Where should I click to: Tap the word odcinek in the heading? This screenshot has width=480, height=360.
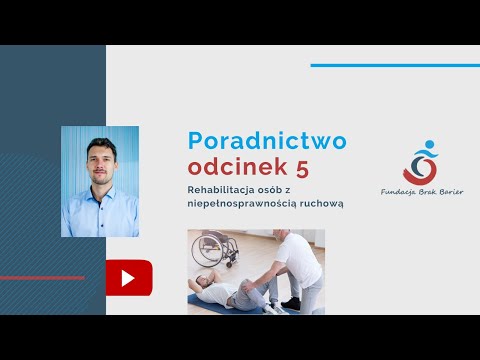(228, 165)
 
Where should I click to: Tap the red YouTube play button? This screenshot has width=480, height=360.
(128, 277)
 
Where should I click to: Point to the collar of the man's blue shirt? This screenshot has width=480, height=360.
(99, 192)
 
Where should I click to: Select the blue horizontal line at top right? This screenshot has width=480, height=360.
(394, 66)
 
